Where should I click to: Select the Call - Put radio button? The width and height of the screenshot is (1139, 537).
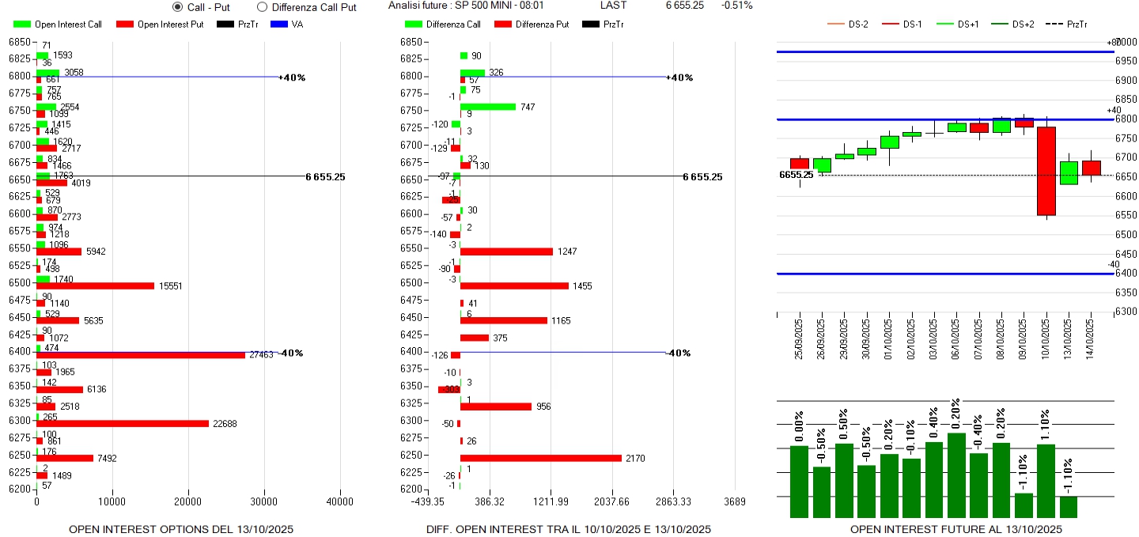point(177,7)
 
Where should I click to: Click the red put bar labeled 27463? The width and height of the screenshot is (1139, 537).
point(141,355)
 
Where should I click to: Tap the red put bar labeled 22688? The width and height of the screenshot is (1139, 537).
point(123,424)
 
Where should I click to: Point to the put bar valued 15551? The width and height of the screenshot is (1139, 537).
point(95,286)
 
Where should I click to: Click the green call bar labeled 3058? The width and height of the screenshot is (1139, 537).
point(47,73)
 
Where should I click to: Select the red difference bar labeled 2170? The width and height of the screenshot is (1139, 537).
point(540,458)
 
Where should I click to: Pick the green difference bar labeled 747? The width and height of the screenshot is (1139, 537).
point(487,107)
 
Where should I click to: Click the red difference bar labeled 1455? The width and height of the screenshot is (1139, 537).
point(514,286)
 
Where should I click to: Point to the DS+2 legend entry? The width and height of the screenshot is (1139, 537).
point(1023,25)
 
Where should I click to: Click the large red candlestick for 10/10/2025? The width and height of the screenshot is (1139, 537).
point(1046,171)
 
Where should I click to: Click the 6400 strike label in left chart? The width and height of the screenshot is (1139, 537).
point(19,351)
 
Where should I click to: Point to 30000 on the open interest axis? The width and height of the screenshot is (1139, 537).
point(263,501)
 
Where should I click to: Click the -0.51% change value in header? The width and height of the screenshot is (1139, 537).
point(736,6)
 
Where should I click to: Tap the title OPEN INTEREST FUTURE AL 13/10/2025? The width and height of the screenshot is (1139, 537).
point(955,529)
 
